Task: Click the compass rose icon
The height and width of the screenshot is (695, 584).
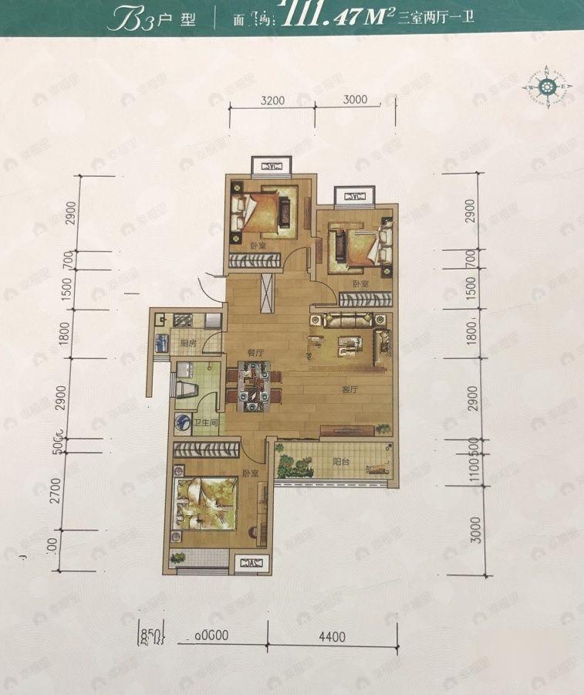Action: tap(548, 86)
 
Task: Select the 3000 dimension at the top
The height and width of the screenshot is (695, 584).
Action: tap(354, 100)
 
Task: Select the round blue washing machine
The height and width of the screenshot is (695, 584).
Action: tap(183, 422)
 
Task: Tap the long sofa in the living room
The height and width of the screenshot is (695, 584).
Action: tap(349, 320)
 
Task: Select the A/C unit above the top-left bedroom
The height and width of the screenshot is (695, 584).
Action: tap(272, 166)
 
